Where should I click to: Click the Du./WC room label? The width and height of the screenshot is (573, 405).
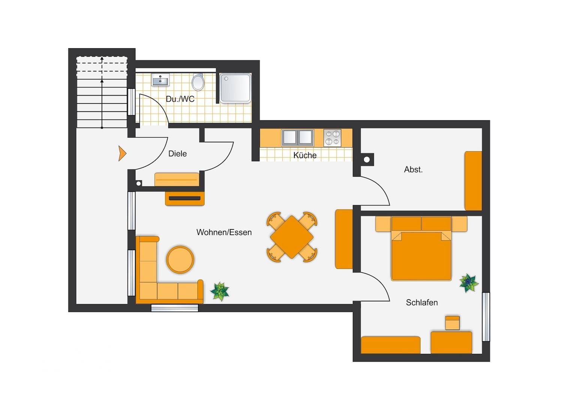pos(180,99)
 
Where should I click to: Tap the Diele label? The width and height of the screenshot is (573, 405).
pos(177,153)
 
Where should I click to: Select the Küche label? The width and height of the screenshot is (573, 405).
pos(304,155)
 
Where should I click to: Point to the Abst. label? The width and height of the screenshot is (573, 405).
pos(413,169)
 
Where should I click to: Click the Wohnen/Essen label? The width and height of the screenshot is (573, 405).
pos(224,232)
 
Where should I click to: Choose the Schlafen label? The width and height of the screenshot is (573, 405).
pos(422,302)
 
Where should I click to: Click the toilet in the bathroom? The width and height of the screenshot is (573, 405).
pos(198,82)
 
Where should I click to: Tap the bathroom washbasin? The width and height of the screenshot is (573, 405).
pos(160,80)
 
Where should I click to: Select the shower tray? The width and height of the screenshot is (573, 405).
pos(235,88)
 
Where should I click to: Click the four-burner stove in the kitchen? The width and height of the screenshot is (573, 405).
pos(332,138)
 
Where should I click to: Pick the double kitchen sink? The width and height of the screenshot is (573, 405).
pos(297,138)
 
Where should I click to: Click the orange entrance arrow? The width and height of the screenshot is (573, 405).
pos(122,153)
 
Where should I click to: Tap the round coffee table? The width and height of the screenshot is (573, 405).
pos(180,259)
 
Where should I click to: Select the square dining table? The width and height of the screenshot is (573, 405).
pos(292,237)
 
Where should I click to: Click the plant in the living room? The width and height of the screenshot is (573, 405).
pos(219,291)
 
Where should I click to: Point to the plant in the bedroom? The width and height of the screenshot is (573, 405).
pos(469,283)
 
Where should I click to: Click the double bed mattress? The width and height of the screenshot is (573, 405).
pos(421,256)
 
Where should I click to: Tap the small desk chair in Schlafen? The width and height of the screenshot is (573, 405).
pos(452,323)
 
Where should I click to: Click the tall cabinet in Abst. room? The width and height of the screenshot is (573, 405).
pos(473,181)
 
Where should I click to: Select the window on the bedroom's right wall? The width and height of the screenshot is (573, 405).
pos(486,317)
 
